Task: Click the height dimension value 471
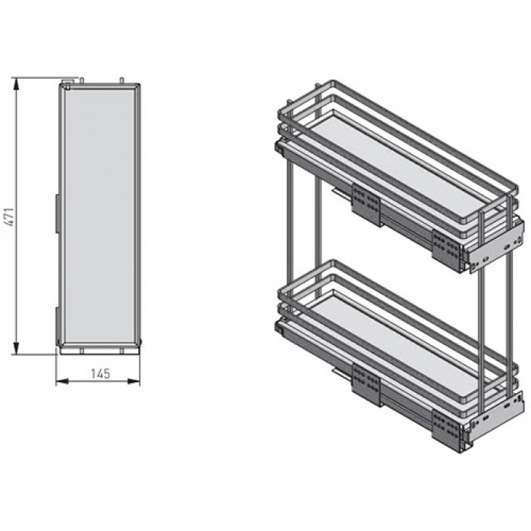click(11, 217)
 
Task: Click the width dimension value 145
click(101, 373)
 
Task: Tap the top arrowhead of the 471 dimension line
click(16, 83)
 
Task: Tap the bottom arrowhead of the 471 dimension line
click(16, 348)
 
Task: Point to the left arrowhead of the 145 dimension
click(62, 382)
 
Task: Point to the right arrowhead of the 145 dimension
click(134, 382)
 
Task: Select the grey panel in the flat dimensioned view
click(99, 215)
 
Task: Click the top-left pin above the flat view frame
click(82, 80)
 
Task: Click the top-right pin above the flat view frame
click(122, 80)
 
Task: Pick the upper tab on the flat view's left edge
click(58, 214)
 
